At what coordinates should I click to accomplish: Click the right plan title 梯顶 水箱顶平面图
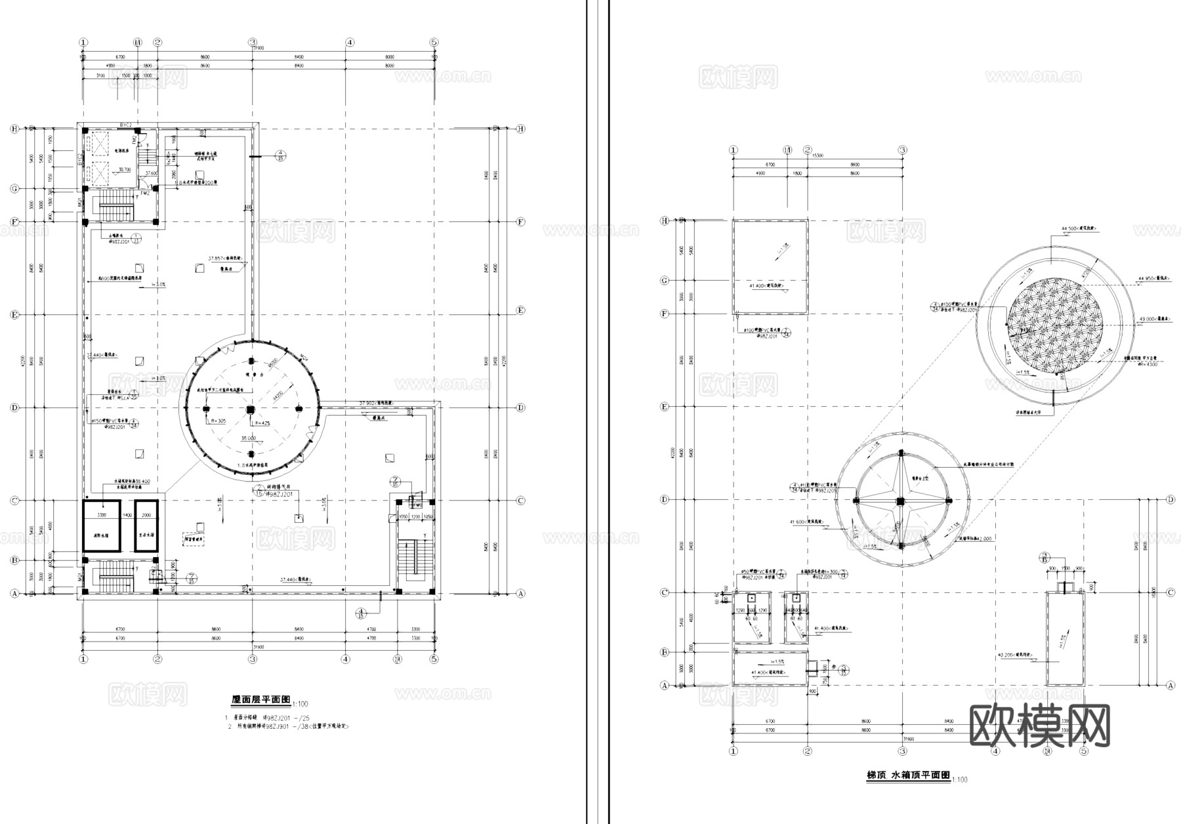coord(907,775)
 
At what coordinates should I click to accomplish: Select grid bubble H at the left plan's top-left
coord(13,129)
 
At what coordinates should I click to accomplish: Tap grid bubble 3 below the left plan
coord(253,659)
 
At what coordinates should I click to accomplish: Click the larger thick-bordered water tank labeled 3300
coord(102,526)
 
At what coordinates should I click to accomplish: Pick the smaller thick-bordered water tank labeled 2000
coord(147,526)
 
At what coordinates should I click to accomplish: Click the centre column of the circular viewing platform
coord(249,410)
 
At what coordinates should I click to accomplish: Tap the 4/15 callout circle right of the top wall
coord(281,155)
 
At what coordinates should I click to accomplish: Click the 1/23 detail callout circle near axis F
coord(136,237)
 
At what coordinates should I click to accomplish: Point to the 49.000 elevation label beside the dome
coord(1148,318)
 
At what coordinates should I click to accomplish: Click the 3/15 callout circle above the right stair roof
coord(1045,558)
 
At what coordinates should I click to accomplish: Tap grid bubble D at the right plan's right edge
coord(1171,500)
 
